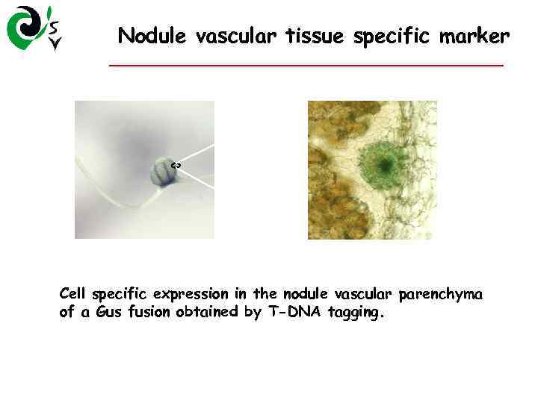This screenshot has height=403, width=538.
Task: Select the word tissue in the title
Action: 310,35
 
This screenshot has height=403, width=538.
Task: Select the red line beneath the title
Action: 306,66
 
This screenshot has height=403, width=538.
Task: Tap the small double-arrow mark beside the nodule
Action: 176,164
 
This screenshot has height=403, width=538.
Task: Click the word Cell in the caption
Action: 73,294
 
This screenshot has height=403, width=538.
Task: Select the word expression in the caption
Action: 191,295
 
